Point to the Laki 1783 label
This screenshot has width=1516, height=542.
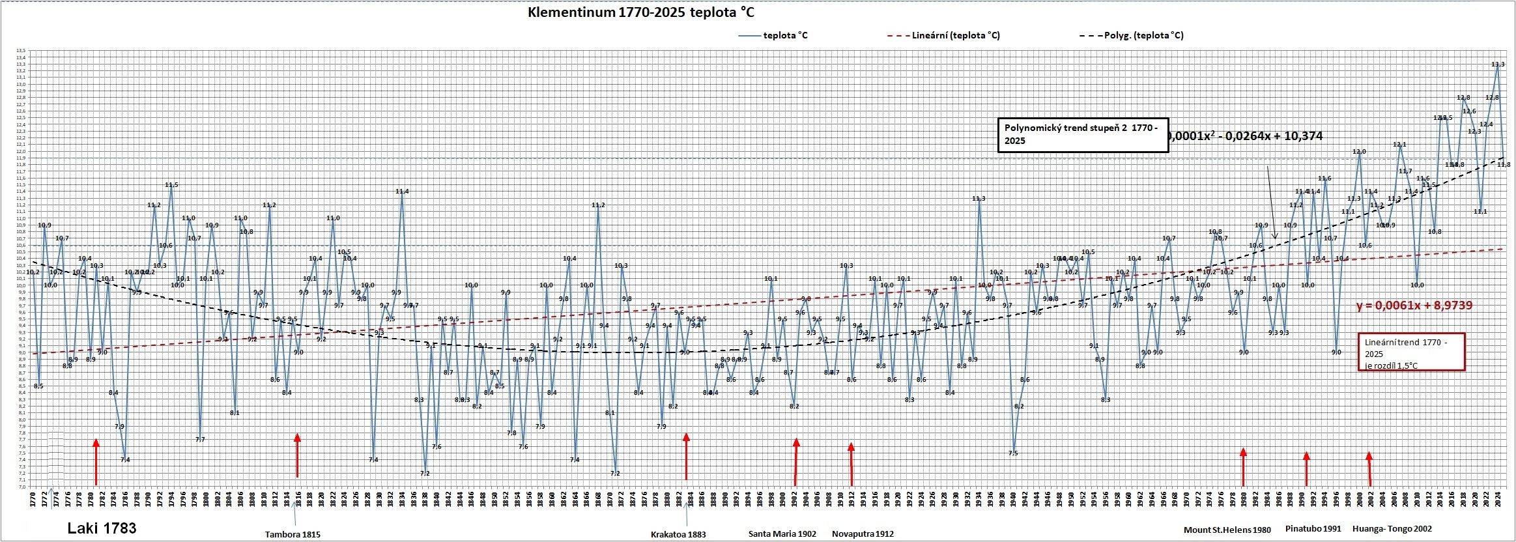(102, 528)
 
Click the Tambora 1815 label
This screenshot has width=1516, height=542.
(292, 534)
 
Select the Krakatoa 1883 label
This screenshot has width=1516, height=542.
(678, 534)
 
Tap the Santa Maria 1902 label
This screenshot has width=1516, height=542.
(782, 534)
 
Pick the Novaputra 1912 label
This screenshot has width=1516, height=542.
(863, 534)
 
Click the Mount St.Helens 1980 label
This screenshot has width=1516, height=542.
(1227, 530)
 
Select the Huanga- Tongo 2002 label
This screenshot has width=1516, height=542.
(1392, 529)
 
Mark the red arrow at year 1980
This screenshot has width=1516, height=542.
(1243, 466)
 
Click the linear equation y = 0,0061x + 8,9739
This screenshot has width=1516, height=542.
(1414, 306)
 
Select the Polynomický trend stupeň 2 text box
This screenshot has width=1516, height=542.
(1082, 135)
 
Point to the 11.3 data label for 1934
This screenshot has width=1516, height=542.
(979, 199)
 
